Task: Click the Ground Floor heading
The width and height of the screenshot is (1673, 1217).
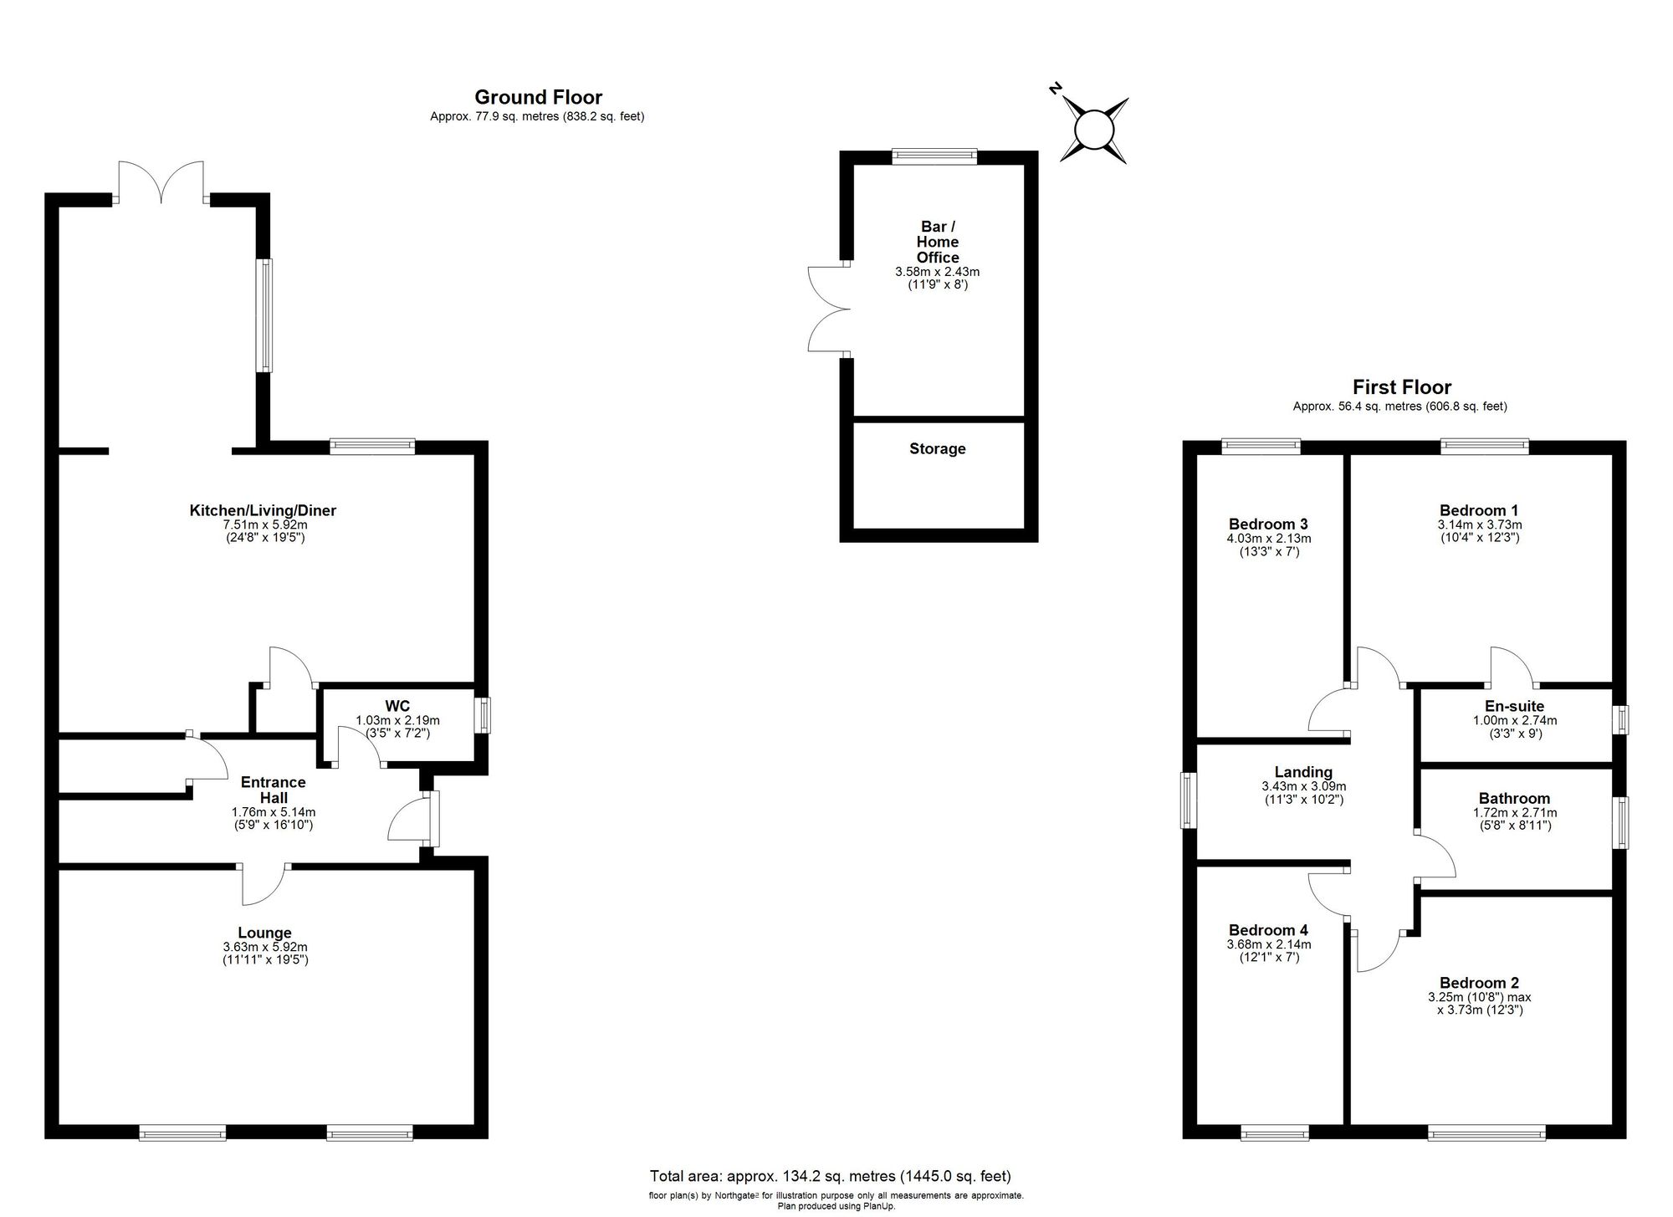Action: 538,97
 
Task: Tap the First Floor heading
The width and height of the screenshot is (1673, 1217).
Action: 1402,387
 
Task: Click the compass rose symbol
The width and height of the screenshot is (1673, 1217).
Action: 1092,129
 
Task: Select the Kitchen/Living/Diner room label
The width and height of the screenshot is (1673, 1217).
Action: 263,510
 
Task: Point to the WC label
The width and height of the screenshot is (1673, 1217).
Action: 397,706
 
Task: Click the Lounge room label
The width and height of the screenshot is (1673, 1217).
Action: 264,933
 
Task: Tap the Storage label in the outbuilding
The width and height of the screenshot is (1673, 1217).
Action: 938,449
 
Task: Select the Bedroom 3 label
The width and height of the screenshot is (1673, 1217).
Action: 1268,524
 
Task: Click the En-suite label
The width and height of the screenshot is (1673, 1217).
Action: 1515,706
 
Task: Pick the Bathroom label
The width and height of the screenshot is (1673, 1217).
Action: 1514,798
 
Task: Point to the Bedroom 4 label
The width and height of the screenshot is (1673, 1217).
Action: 1268,929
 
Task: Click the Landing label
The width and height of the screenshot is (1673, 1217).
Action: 1303,772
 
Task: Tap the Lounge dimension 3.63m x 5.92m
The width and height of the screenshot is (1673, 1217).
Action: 264,947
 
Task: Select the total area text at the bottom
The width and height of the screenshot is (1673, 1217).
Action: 831,1176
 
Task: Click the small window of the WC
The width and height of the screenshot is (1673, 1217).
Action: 483,716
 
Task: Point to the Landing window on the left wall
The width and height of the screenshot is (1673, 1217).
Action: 1188,800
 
